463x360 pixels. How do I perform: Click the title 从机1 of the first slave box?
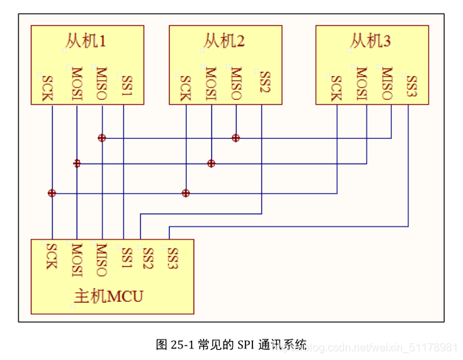86,41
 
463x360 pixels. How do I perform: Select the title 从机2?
224,41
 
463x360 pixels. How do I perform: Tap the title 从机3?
370,41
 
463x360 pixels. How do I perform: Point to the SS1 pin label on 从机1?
127,84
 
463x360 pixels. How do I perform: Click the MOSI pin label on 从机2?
211,83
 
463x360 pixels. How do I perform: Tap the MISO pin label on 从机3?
387,83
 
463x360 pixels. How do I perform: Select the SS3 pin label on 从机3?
411,86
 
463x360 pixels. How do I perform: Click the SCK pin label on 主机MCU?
51,255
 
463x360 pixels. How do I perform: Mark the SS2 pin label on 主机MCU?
147,257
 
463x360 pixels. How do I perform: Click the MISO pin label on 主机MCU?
101,259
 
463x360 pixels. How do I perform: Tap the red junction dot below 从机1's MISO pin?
102,138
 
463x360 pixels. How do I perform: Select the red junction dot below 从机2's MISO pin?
236,138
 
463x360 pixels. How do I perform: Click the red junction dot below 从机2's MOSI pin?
211,163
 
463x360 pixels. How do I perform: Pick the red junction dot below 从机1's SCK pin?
51,193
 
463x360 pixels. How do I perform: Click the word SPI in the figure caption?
246,344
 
